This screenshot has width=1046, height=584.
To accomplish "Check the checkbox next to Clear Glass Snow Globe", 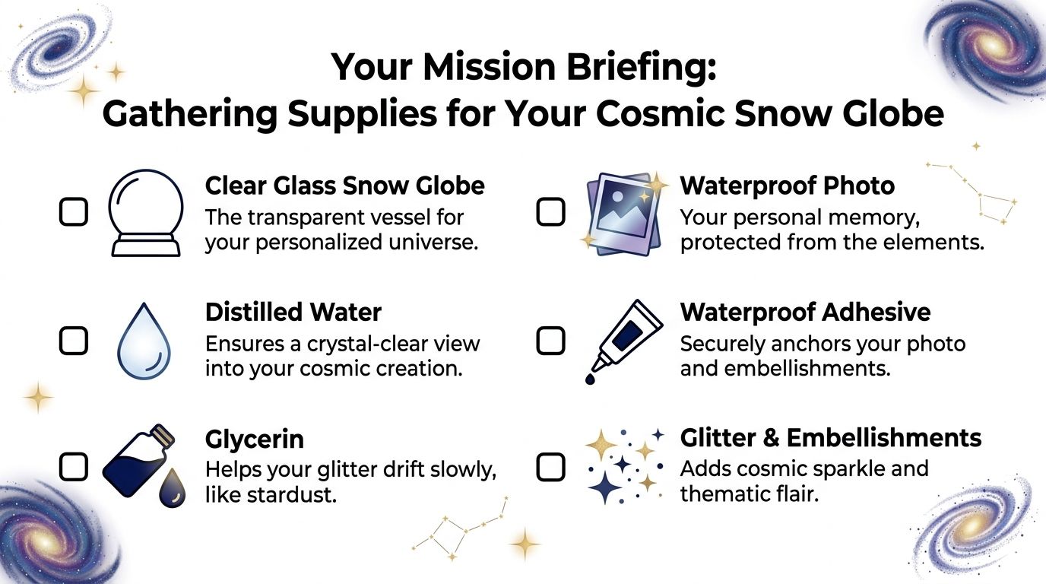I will (x=73, y=212).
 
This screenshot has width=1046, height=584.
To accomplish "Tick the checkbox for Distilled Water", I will (x=73, y=341).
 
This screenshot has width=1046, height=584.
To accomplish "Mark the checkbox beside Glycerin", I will (x=73, y=467).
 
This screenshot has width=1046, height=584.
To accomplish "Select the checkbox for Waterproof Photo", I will (x=550, y=211).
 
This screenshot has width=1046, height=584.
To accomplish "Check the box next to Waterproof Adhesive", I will (x=550, y=341).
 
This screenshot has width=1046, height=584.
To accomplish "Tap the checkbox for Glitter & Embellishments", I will (x=550, y=467).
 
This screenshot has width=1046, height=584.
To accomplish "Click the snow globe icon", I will (x=145, y=213).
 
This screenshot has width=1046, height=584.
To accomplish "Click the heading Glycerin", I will (x=255, y=439).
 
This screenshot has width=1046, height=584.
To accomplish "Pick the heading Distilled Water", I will (x=293, y=312).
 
